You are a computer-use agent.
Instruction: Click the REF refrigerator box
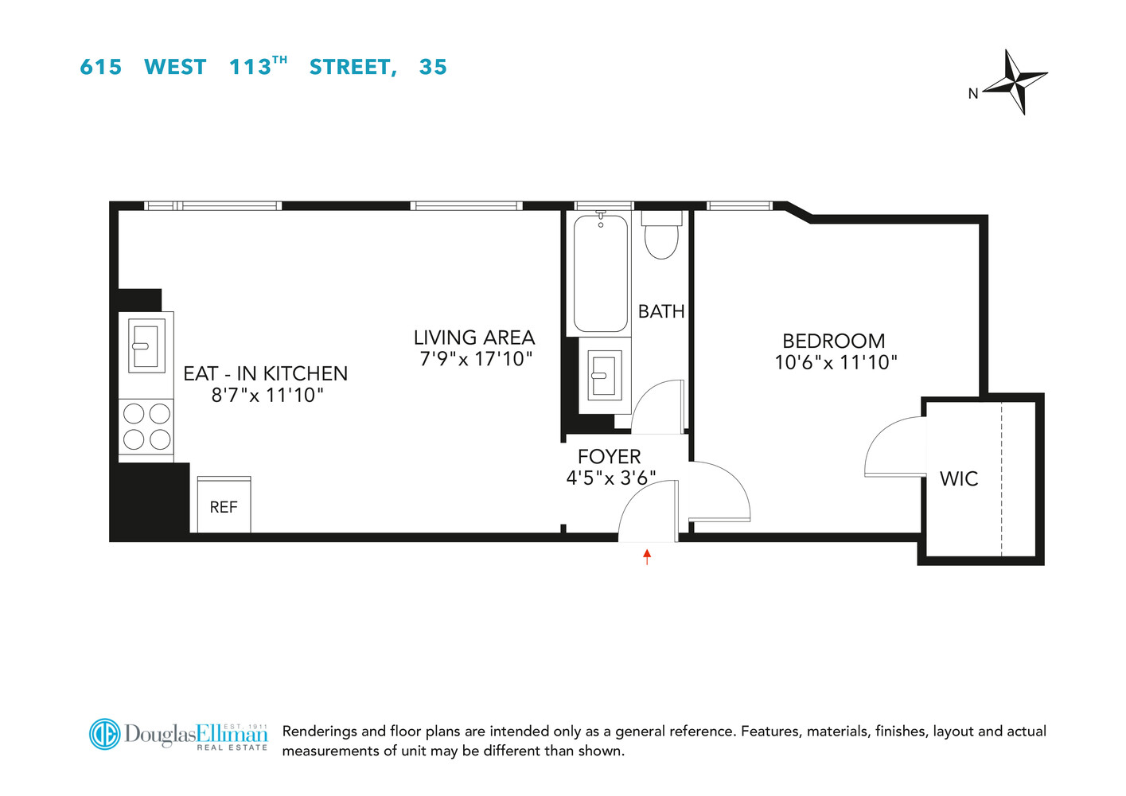[224, 505]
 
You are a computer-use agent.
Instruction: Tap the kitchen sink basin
[146, 344]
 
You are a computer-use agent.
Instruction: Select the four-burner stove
[146, 427]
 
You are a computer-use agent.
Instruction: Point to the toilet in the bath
[661, 236]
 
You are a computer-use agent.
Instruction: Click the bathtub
[601, 273]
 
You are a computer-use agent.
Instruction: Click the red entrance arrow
[647, 556]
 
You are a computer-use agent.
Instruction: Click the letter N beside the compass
[972, 94]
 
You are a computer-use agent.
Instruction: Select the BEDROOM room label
[833, 341]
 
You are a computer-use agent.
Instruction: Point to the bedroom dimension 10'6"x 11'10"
[836, 362]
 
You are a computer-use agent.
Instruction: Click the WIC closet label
[959, 478]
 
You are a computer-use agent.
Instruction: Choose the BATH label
[661, 311]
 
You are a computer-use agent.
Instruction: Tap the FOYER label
[609, 456]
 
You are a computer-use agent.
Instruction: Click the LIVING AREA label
[474, 338]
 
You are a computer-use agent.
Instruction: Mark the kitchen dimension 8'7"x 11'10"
[267, 395]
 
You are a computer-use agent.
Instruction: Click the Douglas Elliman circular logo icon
[104, 734]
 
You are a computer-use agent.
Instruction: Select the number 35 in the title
[433, 68]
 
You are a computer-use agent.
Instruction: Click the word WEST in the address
[175, 68]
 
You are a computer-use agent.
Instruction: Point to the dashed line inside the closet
[1002, 478]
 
